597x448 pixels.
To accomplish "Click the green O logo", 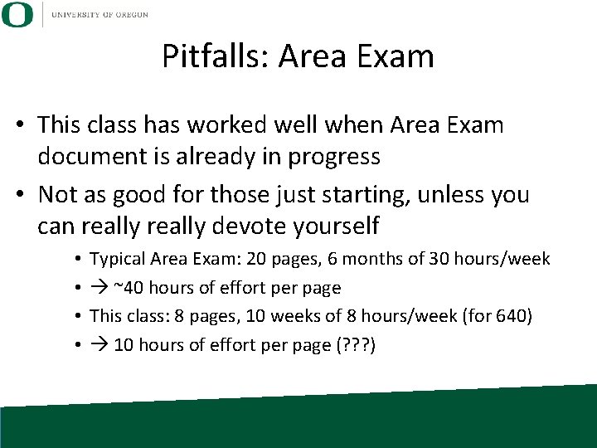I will coord(17,14).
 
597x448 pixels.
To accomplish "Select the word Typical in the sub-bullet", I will coord(116,260).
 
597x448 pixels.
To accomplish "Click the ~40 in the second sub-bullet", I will coord(127,288).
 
